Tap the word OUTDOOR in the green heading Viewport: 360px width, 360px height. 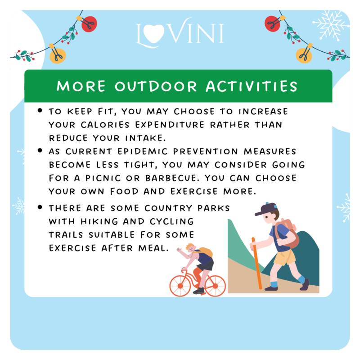pos(156,86)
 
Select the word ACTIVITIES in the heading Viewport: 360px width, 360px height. pos(252,86)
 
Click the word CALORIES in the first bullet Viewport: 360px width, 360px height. pos(105,125)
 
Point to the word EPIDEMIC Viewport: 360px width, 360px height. pos(143,152)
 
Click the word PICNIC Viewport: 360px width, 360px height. pos(103,178)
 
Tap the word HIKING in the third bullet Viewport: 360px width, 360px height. pos(99,221)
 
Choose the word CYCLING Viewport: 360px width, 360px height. pos(172,221)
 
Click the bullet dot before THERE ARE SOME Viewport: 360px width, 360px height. pos(40,207)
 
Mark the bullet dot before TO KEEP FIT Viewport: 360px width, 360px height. pos(40,110)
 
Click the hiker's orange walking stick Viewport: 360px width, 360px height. pos(256,263)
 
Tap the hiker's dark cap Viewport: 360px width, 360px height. pos(266,209)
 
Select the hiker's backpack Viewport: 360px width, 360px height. pos(288,234)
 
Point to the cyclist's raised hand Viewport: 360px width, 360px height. pos(179,250)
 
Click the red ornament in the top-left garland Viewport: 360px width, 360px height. pos(89,24)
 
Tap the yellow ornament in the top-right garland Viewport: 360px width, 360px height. pos(304,55)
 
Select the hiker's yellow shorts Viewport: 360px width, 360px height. pos(285,257)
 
